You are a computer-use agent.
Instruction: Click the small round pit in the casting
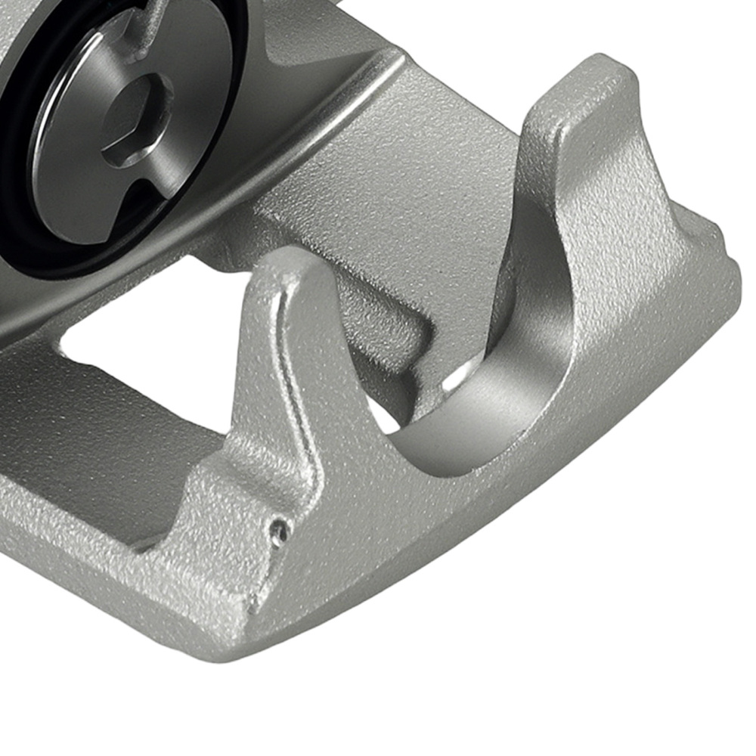pos(280,532)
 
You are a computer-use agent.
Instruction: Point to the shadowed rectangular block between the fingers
pos(386,340)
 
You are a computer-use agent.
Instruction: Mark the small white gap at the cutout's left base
pos(382,420)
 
